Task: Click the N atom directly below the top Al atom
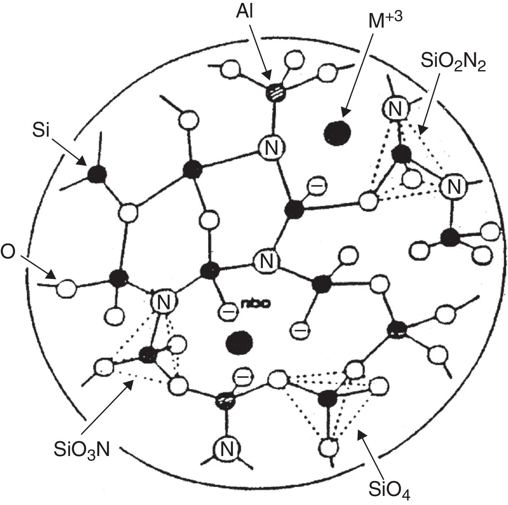coord(272,148)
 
